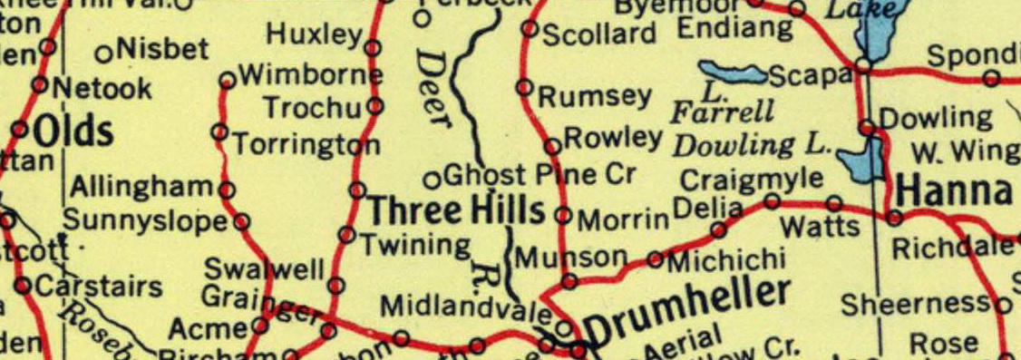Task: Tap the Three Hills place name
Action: coord(456,211)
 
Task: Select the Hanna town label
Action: coord(954,191)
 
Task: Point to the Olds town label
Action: coord(73,132)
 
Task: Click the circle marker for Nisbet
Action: coord(102,53)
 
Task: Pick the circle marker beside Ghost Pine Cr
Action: coord(433,178)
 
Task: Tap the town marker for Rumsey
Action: coord(524,88)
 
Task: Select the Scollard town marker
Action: coord(530,29)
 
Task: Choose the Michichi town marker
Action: coord(656,260)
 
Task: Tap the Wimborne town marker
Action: coord(228,81)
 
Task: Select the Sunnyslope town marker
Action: coord(241,220)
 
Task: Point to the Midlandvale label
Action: coord(465,308)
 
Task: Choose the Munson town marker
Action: coord(569,282)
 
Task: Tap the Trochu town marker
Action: coord(374,107)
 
